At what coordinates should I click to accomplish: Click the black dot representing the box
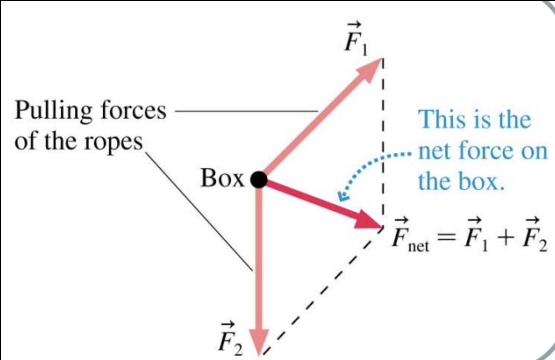tap(259, 180)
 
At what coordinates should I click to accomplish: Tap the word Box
tap(222, 179)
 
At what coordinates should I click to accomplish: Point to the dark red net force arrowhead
tap(368, 222)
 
